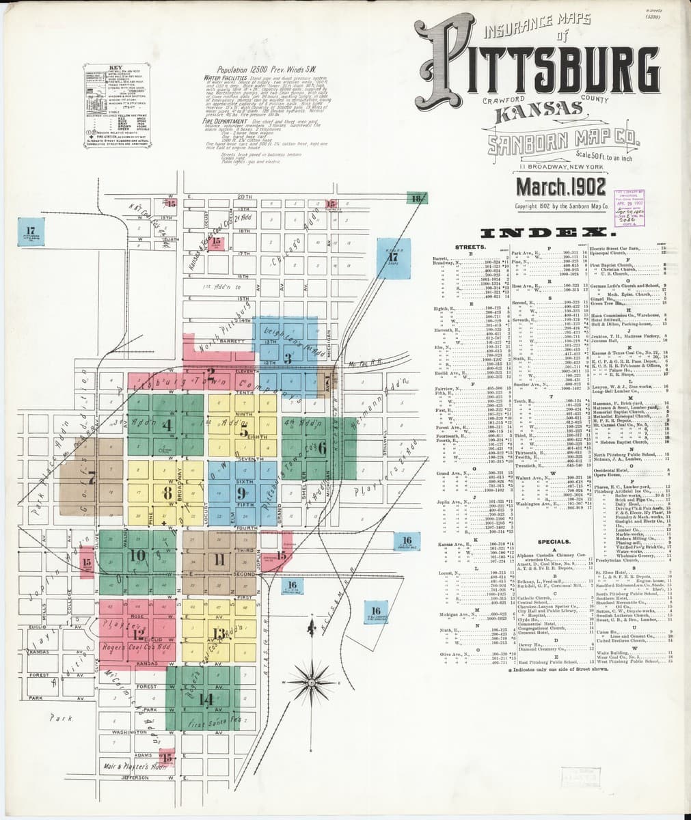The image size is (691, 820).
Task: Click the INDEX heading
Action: [555, 233]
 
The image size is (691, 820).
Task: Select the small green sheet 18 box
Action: [416, 199]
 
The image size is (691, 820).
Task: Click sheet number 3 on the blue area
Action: [288, 357]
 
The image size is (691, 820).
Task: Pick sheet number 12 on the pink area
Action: [139, 633]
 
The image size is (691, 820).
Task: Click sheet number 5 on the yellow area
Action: [243, 431]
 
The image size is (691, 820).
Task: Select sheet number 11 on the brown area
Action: [219, 562]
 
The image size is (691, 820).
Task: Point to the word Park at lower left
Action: [57, 718]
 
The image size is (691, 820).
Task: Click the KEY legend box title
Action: [110, 67]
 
